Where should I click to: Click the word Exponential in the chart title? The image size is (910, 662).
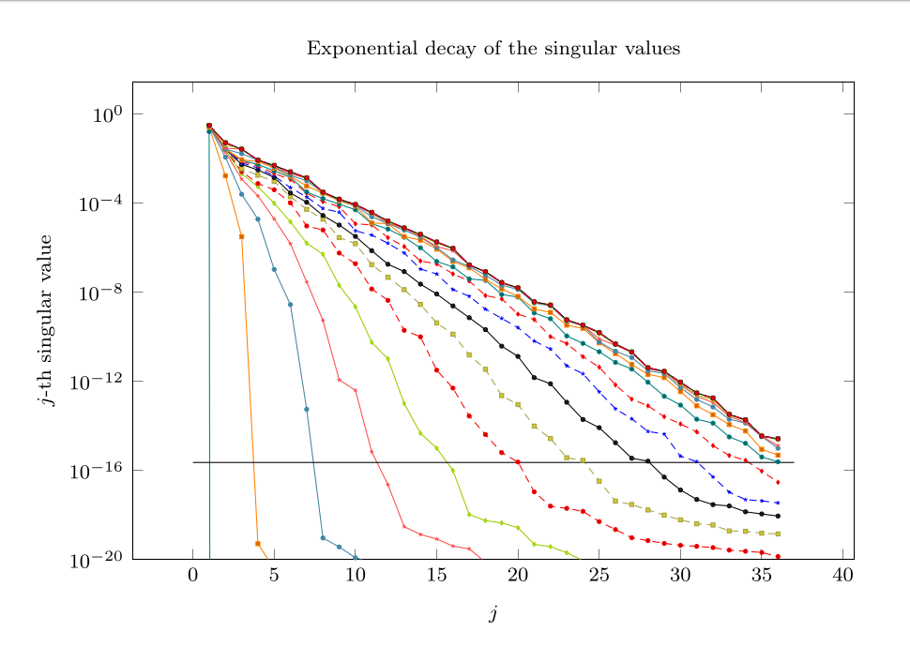(352, 48)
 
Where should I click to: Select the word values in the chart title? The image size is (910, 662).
(654, 48)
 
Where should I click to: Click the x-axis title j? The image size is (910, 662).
(493, 615)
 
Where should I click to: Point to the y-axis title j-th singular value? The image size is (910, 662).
(45, 320)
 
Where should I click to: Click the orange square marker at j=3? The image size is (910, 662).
(242, 236)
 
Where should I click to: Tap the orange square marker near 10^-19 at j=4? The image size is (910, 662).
(258, 543)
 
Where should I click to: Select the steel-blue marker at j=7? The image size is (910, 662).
(307, 410)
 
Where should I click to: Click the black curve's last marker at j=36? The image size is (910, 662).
(778, 517)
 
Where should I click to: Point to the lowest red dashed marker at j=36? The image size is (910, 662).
(778, 557)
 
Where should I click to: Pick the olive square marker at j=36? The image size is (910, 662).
(778, 534)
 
